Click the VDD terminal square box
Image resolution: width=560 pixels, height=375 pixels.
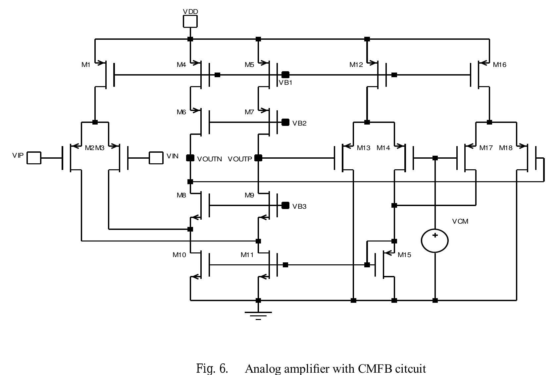pyautogui.click(x=190, y=22)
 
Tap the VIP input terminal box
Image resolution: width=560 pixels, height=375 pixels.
pyautogui.click(x=34, y=158)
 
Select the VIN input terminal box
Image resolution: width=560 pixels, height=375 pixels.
pyautogui.click(x=156, y=158)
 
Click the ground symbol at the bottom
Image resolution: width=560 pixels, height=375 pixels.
pyautogui.click(x=258, y=314)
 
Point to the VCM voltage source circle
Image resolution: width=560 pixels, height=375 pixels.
pyautogui.click(x=435, y=241)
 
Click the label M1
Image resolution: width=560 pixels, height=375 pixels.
pyautogui.click(x=86, y=65)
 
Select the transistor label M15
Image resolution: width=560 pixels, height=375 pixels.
pyautogui.click(x=404, y=255)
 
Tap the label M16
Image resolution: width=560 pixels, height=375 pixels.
pyautogui.click(x=499, y=65)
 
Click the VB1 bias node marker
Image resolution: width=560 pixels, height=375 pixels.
pyautogui.click(x=285, y=75)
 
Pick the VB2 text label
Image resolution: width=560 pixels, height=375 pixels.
pyautogui.click(x=299, y=123)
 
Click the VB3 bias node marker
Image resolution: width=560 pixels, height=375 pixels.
pyautogui.click(x=285, y=205)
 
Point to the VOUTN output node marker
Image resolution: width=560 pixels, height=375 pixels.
pyautogui.click(x=190, y=158)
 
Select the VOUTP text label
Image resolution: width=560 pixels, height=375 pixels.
pyautogui.click(x=240, y=159)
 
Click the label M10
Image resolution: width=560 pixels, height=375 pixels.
pyautogui.click(x=179, y=255)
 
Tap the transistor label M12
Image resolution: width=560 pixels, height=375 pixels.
pyautogui.click(x=356, y=65)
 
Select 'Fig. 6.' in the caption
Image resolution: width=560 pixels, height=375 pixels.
pyautogui.click(x=212, y=369)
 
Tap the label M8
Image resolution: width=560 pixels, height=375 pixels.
pyautogui.click(x=181, y=195)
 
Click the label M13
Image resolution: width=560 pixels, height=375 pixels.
pyautogui.click(x=363, y=148)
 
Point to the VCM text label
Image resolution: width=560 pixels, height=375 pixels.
pyautogui.click(x=460, y=221)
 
